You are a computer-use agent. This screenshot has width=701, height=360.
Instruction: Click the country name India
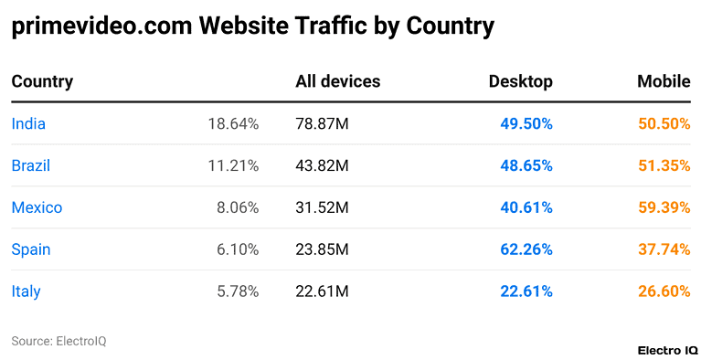(28, 124)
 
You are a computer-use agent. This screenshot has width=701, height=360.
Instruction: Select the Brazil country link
(30, 166)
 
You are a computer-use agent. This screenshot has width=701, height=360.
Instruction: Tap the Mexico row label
(37, 208)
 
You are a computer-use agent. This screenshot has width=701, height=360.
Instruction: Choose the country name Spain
(31, 250)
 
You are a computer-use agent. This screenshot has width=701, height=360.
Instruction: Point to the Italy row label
(26, 292)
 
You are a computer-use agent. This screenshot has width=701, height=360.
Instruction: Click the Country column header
(42, 82)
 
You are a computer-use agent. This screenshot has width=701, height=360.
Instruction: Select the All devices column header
(337, 82)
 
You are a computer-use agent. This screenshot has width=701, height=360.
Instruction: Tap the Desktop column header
(521, 82)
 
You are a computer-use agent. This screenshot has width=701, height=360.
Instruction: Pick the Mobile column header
(664, 82)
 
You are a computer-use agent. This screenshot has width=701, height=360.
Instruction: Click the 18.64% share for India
(233, 124)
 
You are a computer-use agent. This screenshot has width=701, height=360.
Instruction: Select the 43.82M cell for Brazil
(322, 166)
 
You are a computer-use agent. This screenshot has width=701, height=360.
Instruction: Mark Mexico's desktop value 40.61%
(526, 208)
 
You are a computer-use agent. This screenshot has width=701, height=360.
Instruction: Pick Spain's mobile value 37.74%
(664, 250)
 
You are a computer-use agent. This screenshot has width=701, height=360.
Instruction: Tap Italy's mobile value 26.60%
(664, 292)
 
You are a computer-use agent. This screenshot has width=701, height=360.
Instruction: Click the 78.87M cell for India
(322, 124)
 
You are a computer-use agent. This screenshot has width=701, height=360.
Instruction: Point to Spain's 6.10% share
(237, 250)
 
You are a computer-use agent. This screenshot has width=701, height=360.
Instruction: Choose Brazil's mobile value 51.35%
(664, 166)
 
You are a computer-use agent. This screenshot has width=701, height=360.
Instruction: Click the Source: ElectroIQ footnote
(58, 341)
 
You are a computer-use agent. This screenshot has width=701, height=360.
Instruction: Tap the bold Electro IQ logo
(666, 350)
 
